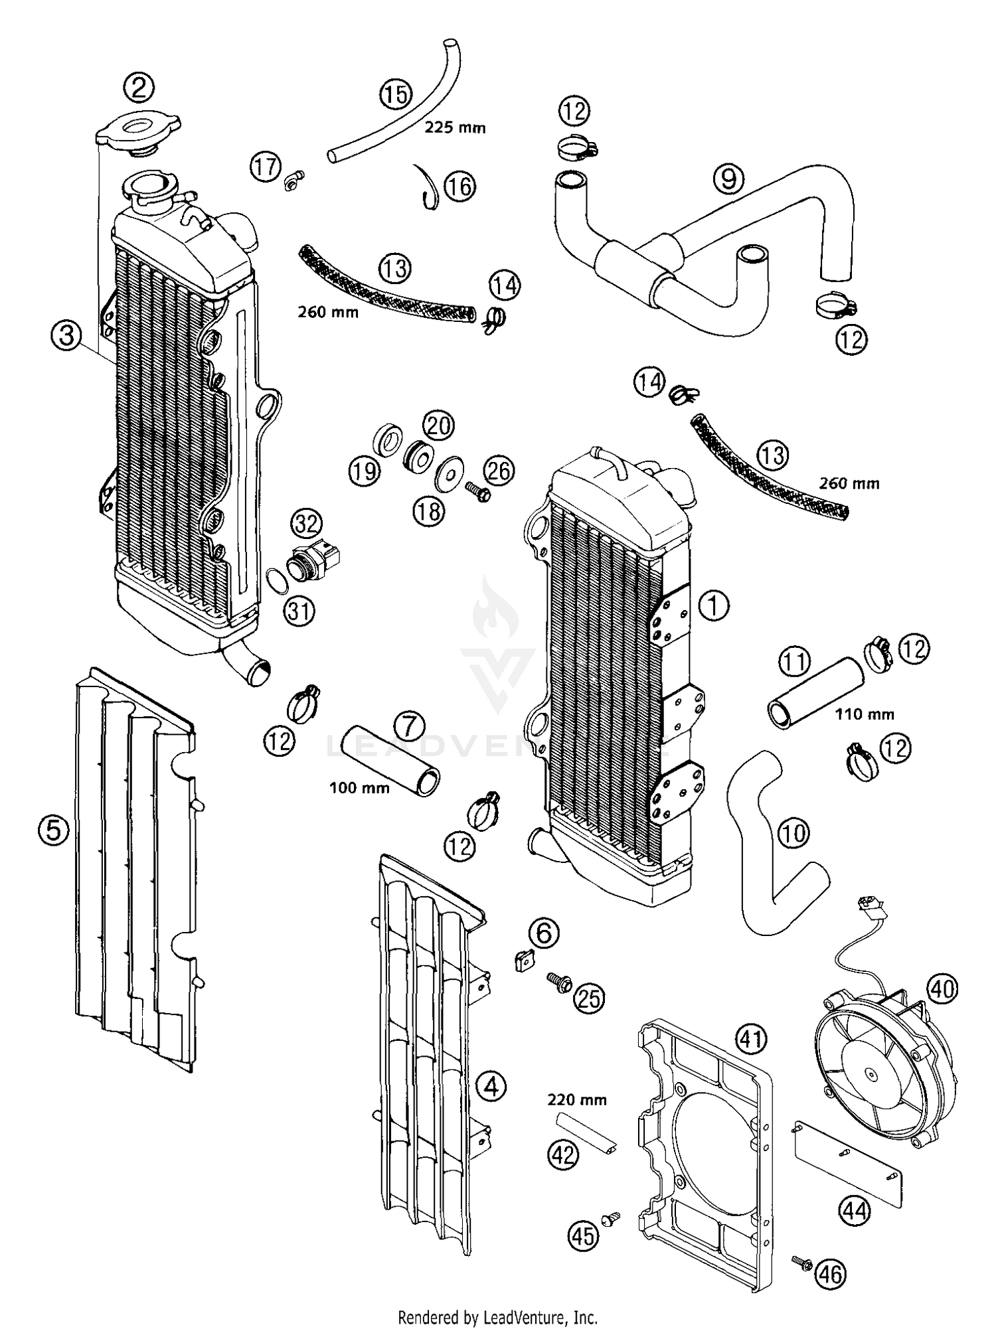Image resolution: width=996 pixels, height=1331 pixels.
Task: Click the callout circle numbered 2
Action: (139, 88)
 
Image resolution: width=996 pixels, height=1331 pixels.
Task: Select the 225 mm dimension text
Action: (455, 127)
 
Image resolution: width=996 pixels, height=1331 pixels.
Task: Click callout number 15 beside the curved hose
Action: (396, 94)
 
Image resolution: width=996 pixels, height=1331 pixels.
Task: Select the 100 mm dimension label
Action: (359, 788)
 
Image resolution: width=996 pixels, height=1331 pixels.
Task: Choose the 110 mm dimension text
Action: (864, 714)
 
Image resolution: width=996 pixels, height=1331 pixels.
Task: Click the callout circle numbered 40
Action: (942, 990)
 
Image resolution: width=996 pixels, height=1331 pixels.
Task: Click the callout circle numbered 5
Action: (53, 830)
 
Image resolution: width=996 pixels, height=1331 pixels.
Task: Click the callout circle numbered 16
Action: (459, 187)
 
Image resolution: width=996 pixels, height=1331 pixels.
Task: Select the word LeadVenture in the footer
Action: (526, 1317)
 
